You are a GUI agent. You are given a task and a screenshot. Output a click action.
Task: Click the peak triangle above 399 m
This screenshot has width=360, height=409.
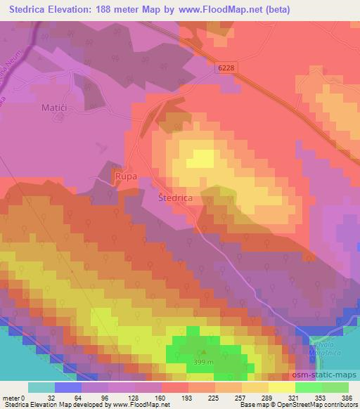(204, 353)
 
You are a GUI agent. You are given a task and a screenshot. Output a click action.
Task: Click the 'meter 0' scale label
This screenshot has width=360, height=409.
(14, 398)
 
